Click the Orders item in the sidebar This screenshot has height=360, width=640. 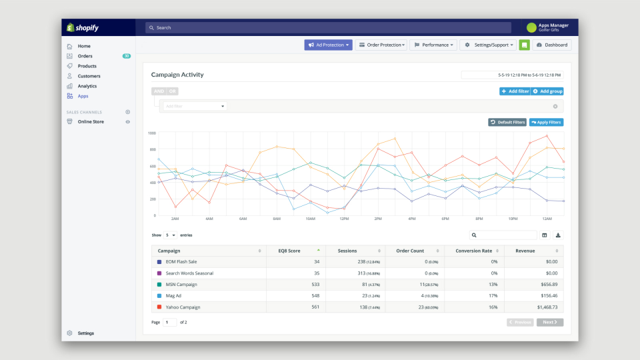coord(85,56)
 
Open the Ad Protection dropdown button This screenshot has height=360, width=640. coord(328,45)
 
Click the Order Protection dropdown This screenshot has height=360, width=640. coord(381,45)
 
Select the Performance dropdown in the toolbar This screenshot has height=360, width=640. coord(433,45)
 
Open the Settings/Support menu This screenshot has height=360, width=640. coord(488,45)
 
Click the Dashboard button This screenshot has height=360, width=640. coord(551,45)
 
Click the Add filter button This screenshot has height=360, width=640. coord(515,91)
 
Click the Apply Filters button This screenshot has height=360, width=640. coord(547,123)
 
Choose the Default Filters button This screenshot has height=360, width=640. coord(507,123)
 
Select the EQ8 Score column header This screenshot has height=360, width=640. coord(293,251)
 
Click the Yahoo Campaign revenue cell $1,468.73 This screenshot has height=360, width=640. coord(543,307)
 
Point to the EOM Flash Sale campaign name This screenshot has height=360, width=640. coord(181,262)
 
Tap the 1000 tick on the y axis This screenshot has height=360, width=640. coord(151,133)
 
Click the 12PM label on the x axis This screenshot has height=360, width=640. coord(344,219)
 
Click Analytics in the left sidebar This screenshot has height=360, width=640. coord(87,86)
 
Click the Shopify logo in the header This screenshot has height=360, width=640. coord(82,27)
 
